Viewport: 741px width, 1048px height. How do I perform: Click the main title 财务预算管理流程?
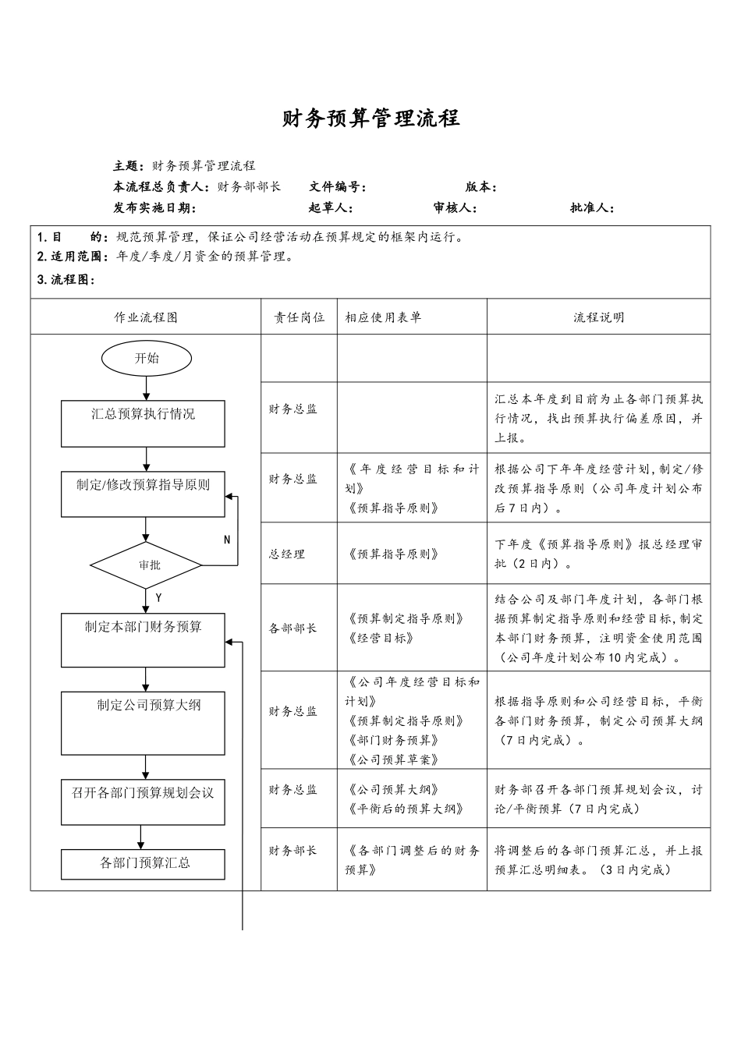tap(370, 119)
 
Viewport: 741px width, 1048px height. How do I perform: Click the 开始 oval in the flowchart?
tap(146, 359)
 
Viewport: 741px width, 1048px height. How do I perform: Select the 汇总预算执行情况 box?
tap(143, 423)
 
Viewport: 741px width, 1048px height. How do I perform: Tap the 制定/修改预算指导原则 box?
tap(143, 494)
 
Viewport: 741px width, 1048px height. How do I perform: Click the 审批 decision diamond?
tap(147, 565)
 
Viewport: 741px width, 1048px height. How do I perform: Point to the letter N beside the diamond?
tap(227, 540)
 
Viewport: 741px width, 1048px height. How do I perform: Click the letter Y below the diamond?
tap(158, 597)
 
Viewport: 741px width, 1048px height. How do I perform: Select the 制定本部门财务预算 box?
tap(143, 639)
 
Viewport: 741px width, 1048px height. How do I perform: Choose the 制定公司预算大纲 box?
tap(143, 723)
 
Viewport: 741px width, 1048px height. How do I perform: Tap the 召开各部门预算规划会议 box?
tap(143, 802)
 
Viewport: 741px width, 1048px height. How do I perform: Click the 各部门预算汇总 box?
tap(143, 864)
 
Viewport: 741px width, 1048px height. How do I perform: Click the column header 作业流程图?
tap(146, 317)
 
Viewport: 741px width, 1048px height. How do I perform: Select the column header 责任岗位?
tap(299, 317)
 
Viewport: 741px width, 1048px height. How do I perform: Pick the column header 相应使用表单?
tap(383, 317)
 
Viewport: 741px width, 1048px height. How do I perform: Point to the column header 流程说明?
tap(598, 317)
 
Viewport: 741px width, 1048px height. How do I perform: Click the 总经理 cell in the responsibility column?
tap(287, 554)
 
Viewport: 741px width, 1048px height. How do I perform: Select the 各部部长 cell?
tap(293, 628)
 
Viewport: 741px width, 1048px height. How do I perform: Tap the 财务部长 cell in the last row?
tap(293, 851)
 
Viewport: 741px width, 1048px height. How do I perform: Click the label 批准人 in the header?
tap(591, 208)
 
